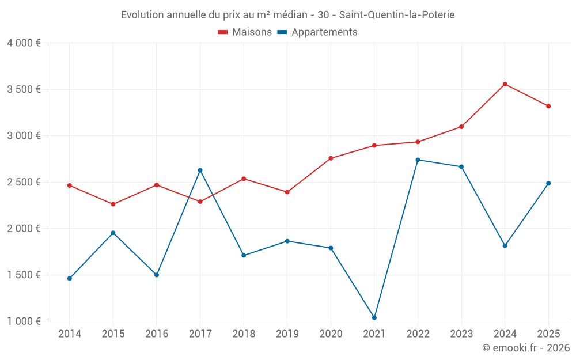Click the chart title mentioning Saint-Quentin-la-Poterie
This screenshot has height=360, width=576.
[287, 14]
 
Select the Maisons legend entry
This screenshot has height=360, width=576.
[245, 32]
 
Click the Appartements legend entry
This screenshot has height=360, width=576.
[317, 32]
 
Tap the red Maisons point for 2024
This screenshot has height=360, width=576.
[505, 84]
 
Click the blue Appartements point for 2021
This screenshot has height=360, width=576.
[374, 317]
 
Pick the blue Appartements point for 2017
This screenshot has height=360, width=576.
[200, 170]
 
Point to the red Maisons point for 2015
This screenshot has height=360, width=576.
[113, 204]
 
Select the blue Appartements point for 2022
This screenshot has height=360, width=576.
[418, 160]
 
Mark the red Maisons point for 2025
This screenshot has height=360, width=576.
[548, 106]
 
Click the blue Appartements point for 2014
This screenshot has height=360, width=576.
[70, 278]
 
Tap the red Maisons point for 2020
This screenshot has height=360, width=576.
[331, 158]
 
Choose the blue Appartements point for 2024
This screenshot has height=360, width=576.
[505, 245]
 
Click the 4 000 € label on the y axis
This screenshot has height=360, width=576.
[24, 43]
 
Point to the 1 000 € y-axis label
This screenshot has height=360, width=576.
[24, 321]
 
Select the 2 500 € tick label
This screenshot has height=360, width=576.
[24, 182]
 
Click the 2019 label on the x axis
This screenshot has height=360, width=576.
[287, 334]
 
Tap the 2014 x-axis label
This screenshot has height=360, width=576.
[70, 334]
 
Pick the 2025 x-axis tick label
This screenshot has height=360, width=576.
[548, 334]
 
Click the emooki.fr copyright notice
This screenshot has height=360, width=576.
[525, 348]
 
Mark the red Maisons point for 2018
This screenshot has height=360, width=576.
[244, 179]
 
